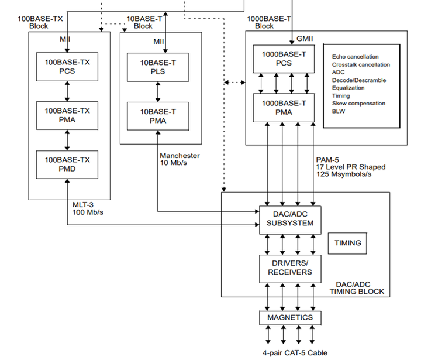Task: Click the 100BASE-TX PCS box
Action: pyautogui.click(x=67, y=66)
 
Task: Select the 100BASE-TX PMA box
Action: pyautogui.click(x=67, y=115)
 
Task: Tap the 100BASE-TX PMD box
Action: pyautogui.click(x=67, y=164)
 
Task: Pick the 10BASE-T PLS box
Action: pyautogui.click(x=158, y=66)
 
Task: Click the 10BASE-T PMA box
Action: pyautogui.click(x=158, y=115)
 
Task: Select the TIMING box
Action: pyautogui.click(x=347, y=242)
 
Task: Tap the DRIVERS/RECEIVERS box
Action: pyautogui.click(x=291, y=268)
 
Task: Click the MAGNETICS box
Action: pyautogui.click(x=291, y=318)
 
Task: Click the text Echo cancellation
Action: pyautogui.click(x=355, y=57)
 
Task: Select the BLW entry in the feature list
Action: pyautogui.click(x=339, y=111)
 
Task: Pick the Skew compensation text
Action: pyautogui.click(x=358, y=103)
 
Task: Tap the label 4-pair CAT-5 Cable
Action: pyautogui.click(x=295, y=352)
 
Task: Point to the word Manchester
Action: pyautogui.click(x=180, y=156)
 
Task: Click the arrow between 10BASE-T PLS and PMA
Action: pyautogui.click(x=158, y=91)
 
